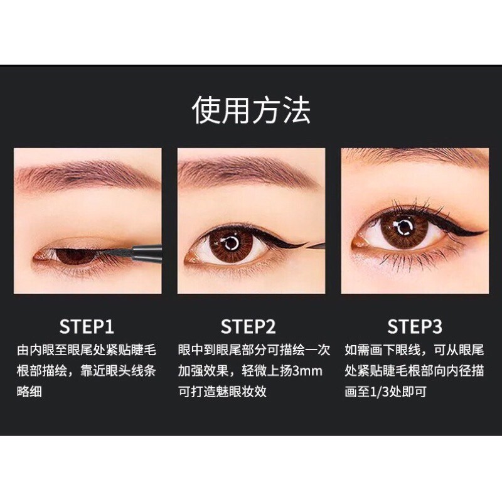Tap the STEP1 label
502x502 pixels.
87,327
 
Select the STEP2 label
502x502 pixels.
248,327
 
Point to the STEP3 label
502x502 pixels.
415,327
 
